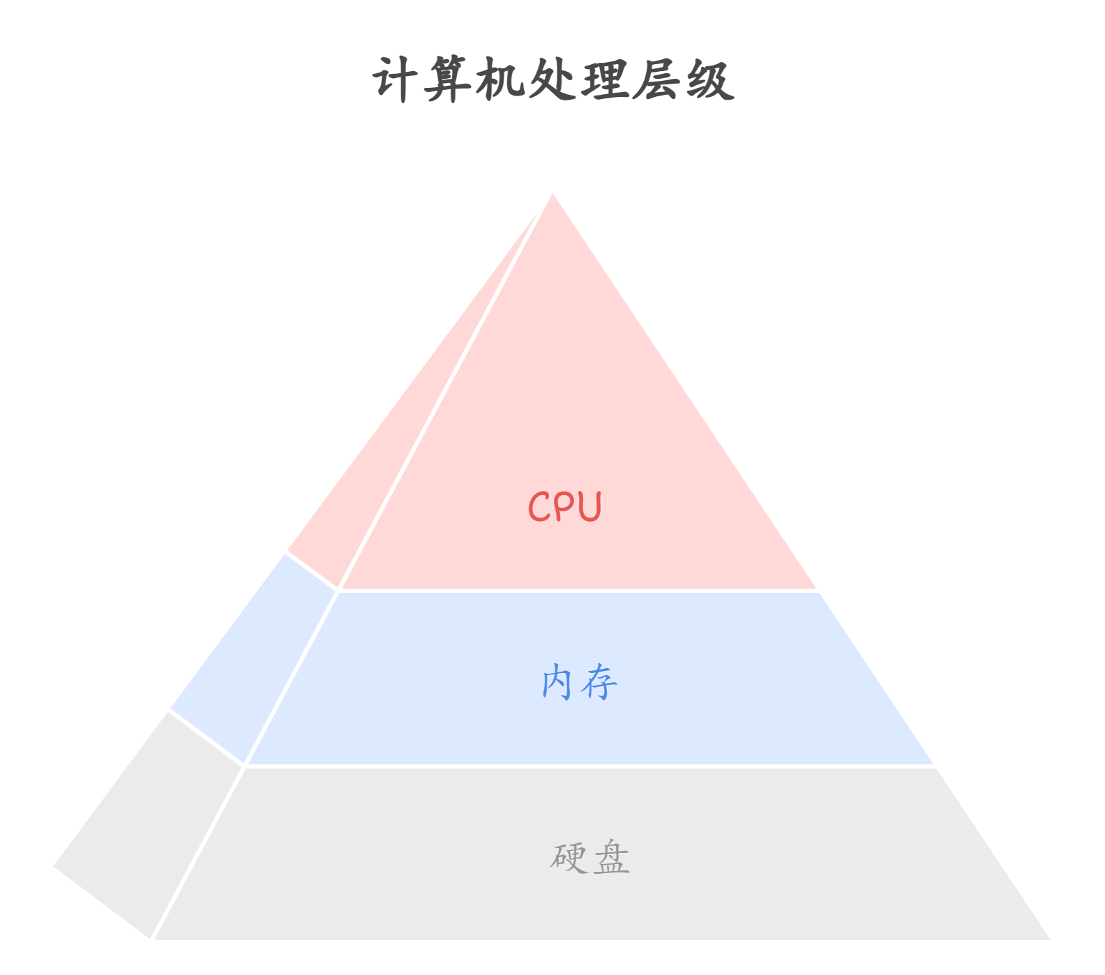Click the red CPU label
click(x=564, y=506)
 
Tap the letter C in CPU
click(x=539, y=506)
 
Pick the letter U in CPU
click(x=589, y=506)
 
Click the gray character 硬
click(x=569, y=857)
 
